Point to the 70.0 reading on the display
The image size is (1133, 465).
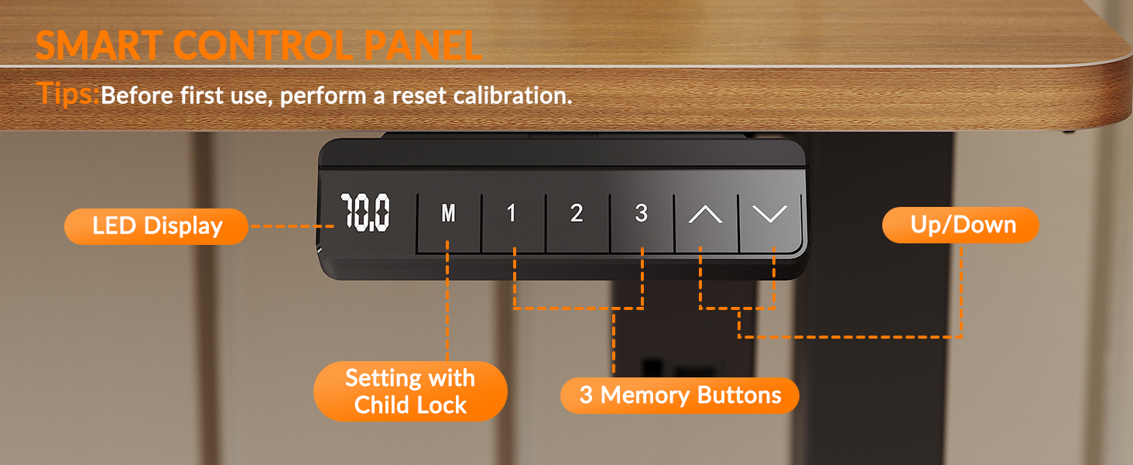point(365,213)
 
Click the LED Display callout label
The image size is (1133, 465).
point(156,226)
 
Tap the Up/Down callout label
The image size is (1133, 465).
point(960,225)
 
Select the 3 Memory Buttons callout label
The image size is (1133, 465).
point(679,395)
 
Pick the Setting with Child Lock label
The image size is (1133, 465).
point(410,391)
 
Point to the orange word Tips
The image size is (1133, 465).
point(67,93)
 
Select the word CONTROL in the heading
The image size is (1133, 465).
point(263,46)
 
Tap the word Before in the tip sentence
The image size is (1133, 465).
point(137,95)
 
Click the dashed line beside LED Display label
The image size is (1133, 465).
point(292,226)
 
